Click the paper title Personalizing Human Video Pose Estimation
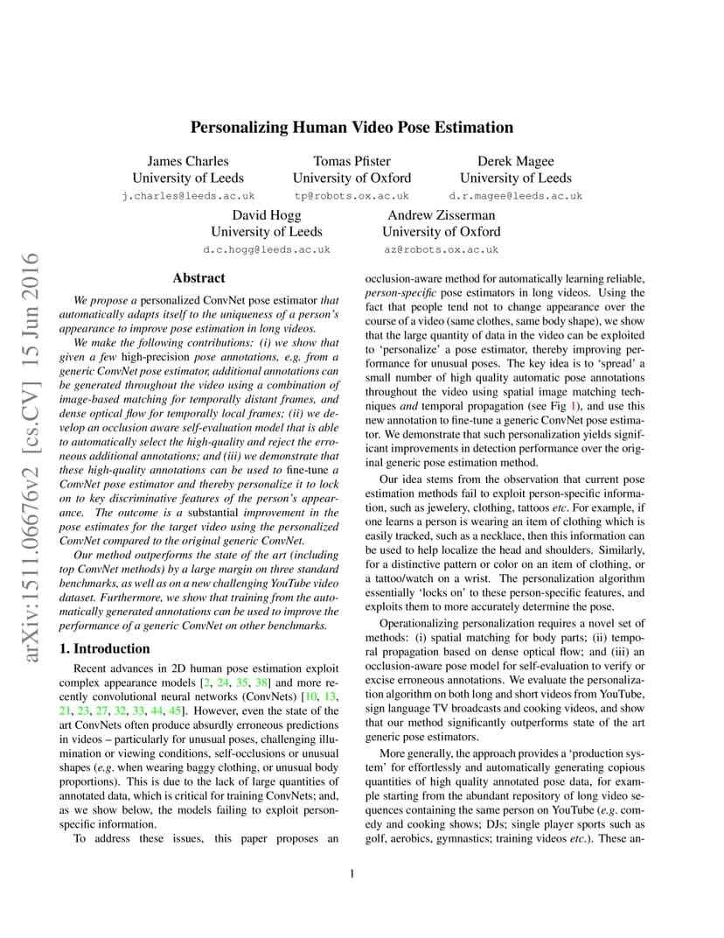(x=352, y=127)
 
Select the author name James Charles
(x=188, y=161)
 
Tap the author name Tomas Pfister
(x=352, y=161)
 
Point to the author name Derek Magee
(x=515, y=161)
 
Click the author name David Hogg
(x=267, y=214)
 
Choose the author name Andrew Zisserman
(x=441, y=214)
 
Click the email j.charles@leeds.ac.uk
(x=188, y=196)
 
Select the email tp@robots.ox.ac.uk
(x=352, y=196)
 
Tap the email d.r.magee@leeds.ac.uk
(x=515, y=196)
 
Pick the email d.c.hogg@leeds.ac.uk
(x=267, y=249)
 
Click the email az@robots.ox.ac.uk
(x=441, y=249)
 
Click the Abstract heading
(x=198, y=278)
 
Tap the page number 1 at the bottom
(x=352, y=873)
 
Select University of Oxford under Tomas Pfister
(x=352, y=178)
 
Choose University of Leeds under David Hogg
(x=267, y=232)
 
